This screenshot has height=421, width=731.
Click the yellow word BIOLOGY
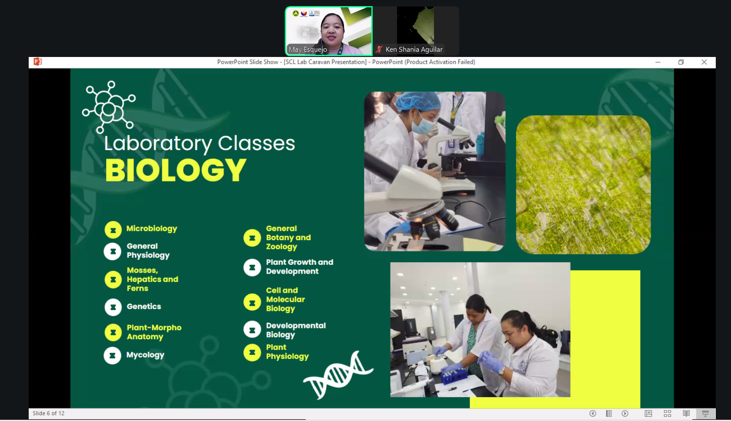[176, 170]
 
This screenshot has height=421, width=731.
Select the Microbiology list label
[152, 228]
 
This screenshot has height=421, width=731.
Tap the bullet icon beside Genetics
[113, 307]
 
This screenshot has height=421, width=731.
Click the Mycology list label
[145, 355]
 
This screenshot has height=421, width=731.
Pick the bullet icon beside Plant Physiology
[252, 352]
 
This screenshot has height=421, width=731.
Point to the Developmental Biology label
[296, 330]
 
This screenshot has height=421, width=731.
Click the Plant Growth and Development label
[300, 267]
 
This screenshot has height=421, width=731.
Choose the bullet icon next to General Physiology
[113, 251]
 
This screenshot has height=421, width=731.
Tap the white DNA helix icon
[338, 375]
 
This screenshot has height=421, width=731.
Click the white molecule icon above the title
[109, 107]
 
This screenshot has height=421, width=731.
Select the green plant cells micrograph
[583, 185]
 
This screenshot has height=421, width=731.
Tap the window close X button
[704, 62]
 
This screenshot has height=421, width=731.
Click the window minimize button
[658, 62]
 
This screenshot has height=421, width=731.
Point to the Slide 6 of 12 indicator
[49, 413]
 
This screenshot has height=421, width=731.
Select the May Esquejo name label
[308, 49]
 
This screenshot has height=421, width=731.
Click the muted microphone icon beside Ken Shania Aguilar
[379, 49]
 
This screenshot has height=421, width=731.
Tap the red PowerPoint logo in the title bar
[38, 62]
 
